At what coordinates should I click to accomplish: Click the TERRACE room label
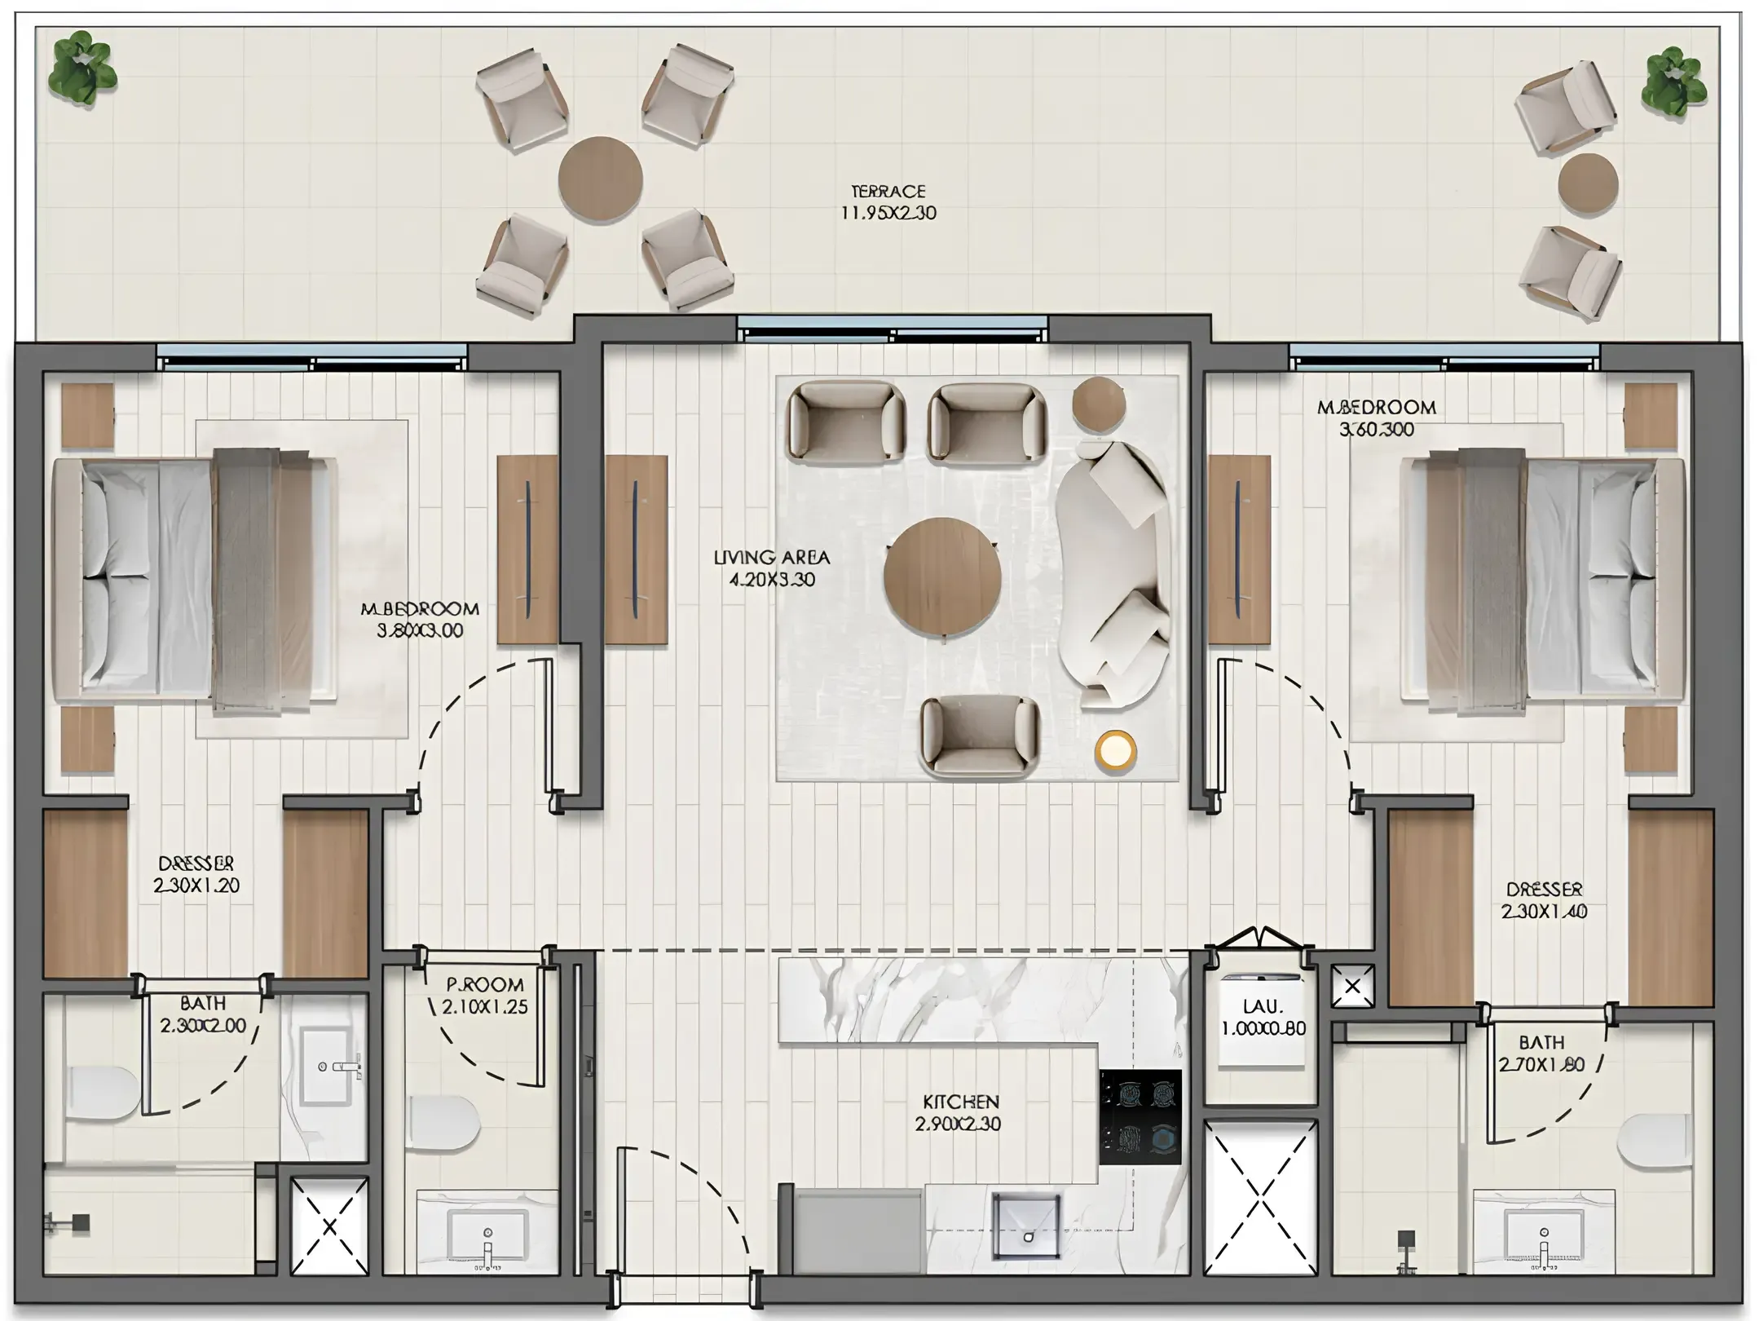pos(888,191)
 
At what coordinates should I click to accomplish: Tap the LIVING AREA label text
pos(771,558)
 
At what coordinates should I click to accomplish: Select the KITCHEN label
pos(960,1102)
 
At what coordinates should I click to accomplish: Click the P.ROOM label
pos(484,984)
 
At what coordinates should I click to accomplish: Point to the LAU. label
pos(1263,1008)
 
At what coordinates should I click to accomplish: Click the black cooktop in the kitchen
pos(1140,1116)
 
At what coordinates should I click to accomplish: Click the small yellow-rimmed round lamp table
pos(1115,750)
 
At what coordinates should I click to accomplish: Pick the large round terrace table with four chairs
pos(600,179)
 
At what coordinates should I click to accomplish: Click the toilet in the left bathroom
pos(101,1093)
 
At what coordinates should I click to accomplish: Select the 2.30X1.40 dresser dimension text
pos(1544,912)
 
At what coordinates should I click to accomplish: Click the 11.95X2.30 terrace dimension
pos(888,213)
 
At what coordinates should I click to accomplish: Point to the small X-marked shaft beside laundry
pos(1351,986)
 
